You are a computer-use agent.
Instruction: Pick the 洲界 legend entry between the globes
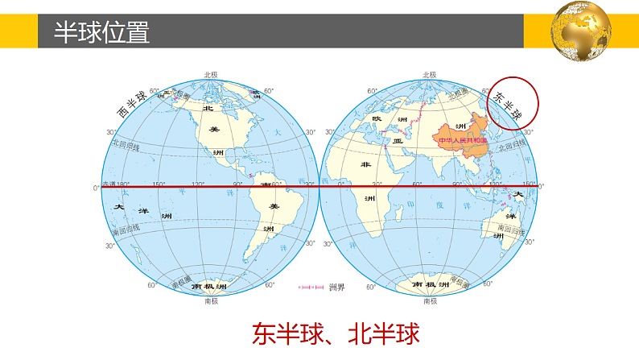[313, 287]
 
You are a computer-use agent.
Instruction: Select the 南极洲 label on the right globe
[428, 285]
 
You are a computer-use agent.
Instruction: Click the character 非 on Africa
[366, 165]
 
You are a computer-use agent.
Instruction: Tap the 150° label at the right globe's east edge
[527, 184]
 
